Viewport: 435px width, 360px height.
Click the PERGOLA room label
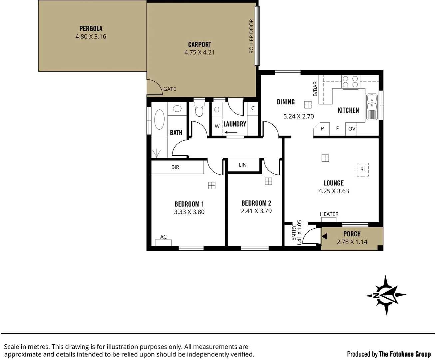pos(91,29)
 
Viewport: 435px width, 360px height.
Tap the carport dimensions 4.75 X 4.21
pos(199,52)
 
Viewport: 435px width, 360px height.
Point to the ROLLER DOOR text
pos(251,36)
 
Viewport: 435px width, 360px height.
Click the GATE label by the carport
pos(170,89)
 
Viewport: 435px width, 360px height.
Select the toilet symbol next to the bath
pos(199,111)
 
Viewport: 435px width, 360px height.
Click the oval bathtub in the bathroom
pos(160,119)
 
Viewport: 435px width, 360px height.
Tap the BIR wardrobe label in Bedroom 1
pos(175,167)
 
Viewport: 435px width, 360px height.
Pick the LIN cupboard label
pos(242,165)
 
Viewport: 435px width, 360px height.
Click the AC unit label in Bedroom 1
pos(163,237)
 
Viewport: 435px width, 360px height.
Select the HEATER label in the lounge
pos(329,214)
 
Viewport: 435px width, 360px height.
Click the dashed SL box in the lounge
pos(363,170)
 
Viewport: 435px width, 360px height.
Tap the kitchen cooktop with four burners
pos(350,82)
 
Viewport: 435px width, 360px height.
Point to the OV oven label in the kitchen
pos(352,129)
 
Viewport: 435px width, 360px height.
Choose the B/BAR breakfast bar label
pos(315,89)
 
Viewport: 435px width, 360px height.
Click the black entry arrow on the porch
pos(324,236)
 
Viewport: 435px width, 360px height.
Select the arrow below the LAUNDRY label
pos(231,133)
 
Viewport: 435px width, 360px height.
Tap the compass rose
pos(386,295)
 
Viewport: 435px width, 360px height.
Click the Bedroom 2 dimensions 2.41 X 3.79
pos(256,211)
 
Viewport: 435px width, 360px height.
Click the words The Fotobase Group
pos(405,354)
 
